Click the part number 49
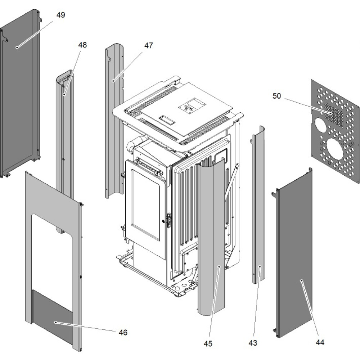pos(60,15)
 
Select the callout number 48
pos(82,45)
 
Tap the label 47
pos(148,46)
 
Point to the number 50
pos(277,96)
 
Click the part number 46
pos(123,333)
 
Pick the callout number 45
pos(208,344)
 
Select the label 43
pos(253,343)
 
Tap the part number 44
pos(319,343)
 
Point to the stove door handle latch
pos(167,219)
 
